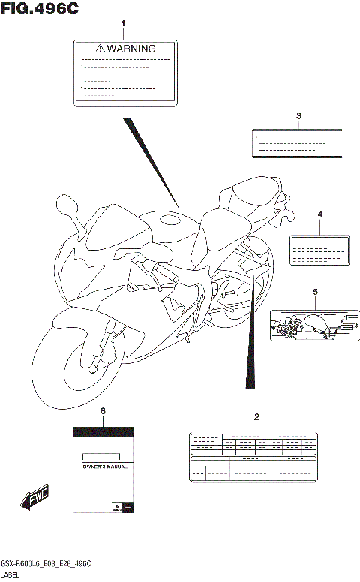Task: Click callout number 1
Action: [124, 24]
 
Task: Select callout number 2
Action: [256, 416]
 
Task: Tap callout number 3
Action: [298, 116]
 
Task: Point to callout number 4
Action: [319, 214]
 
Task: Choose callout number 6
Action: [103, 412]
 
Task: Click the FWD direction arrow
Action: [34, 498]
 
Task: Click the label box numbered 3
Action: [298, 143]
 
